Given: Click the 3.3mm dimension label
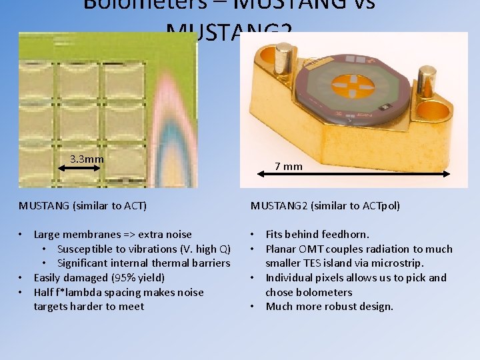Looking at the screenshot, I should pyautogui.click(x=87, y=159).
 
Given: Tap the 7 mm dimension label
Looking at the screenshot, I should pyautogui.click(x=289, y=166).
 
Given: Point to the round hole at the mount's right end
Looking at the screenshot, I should pyautogui.click(x=447, y=107).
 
